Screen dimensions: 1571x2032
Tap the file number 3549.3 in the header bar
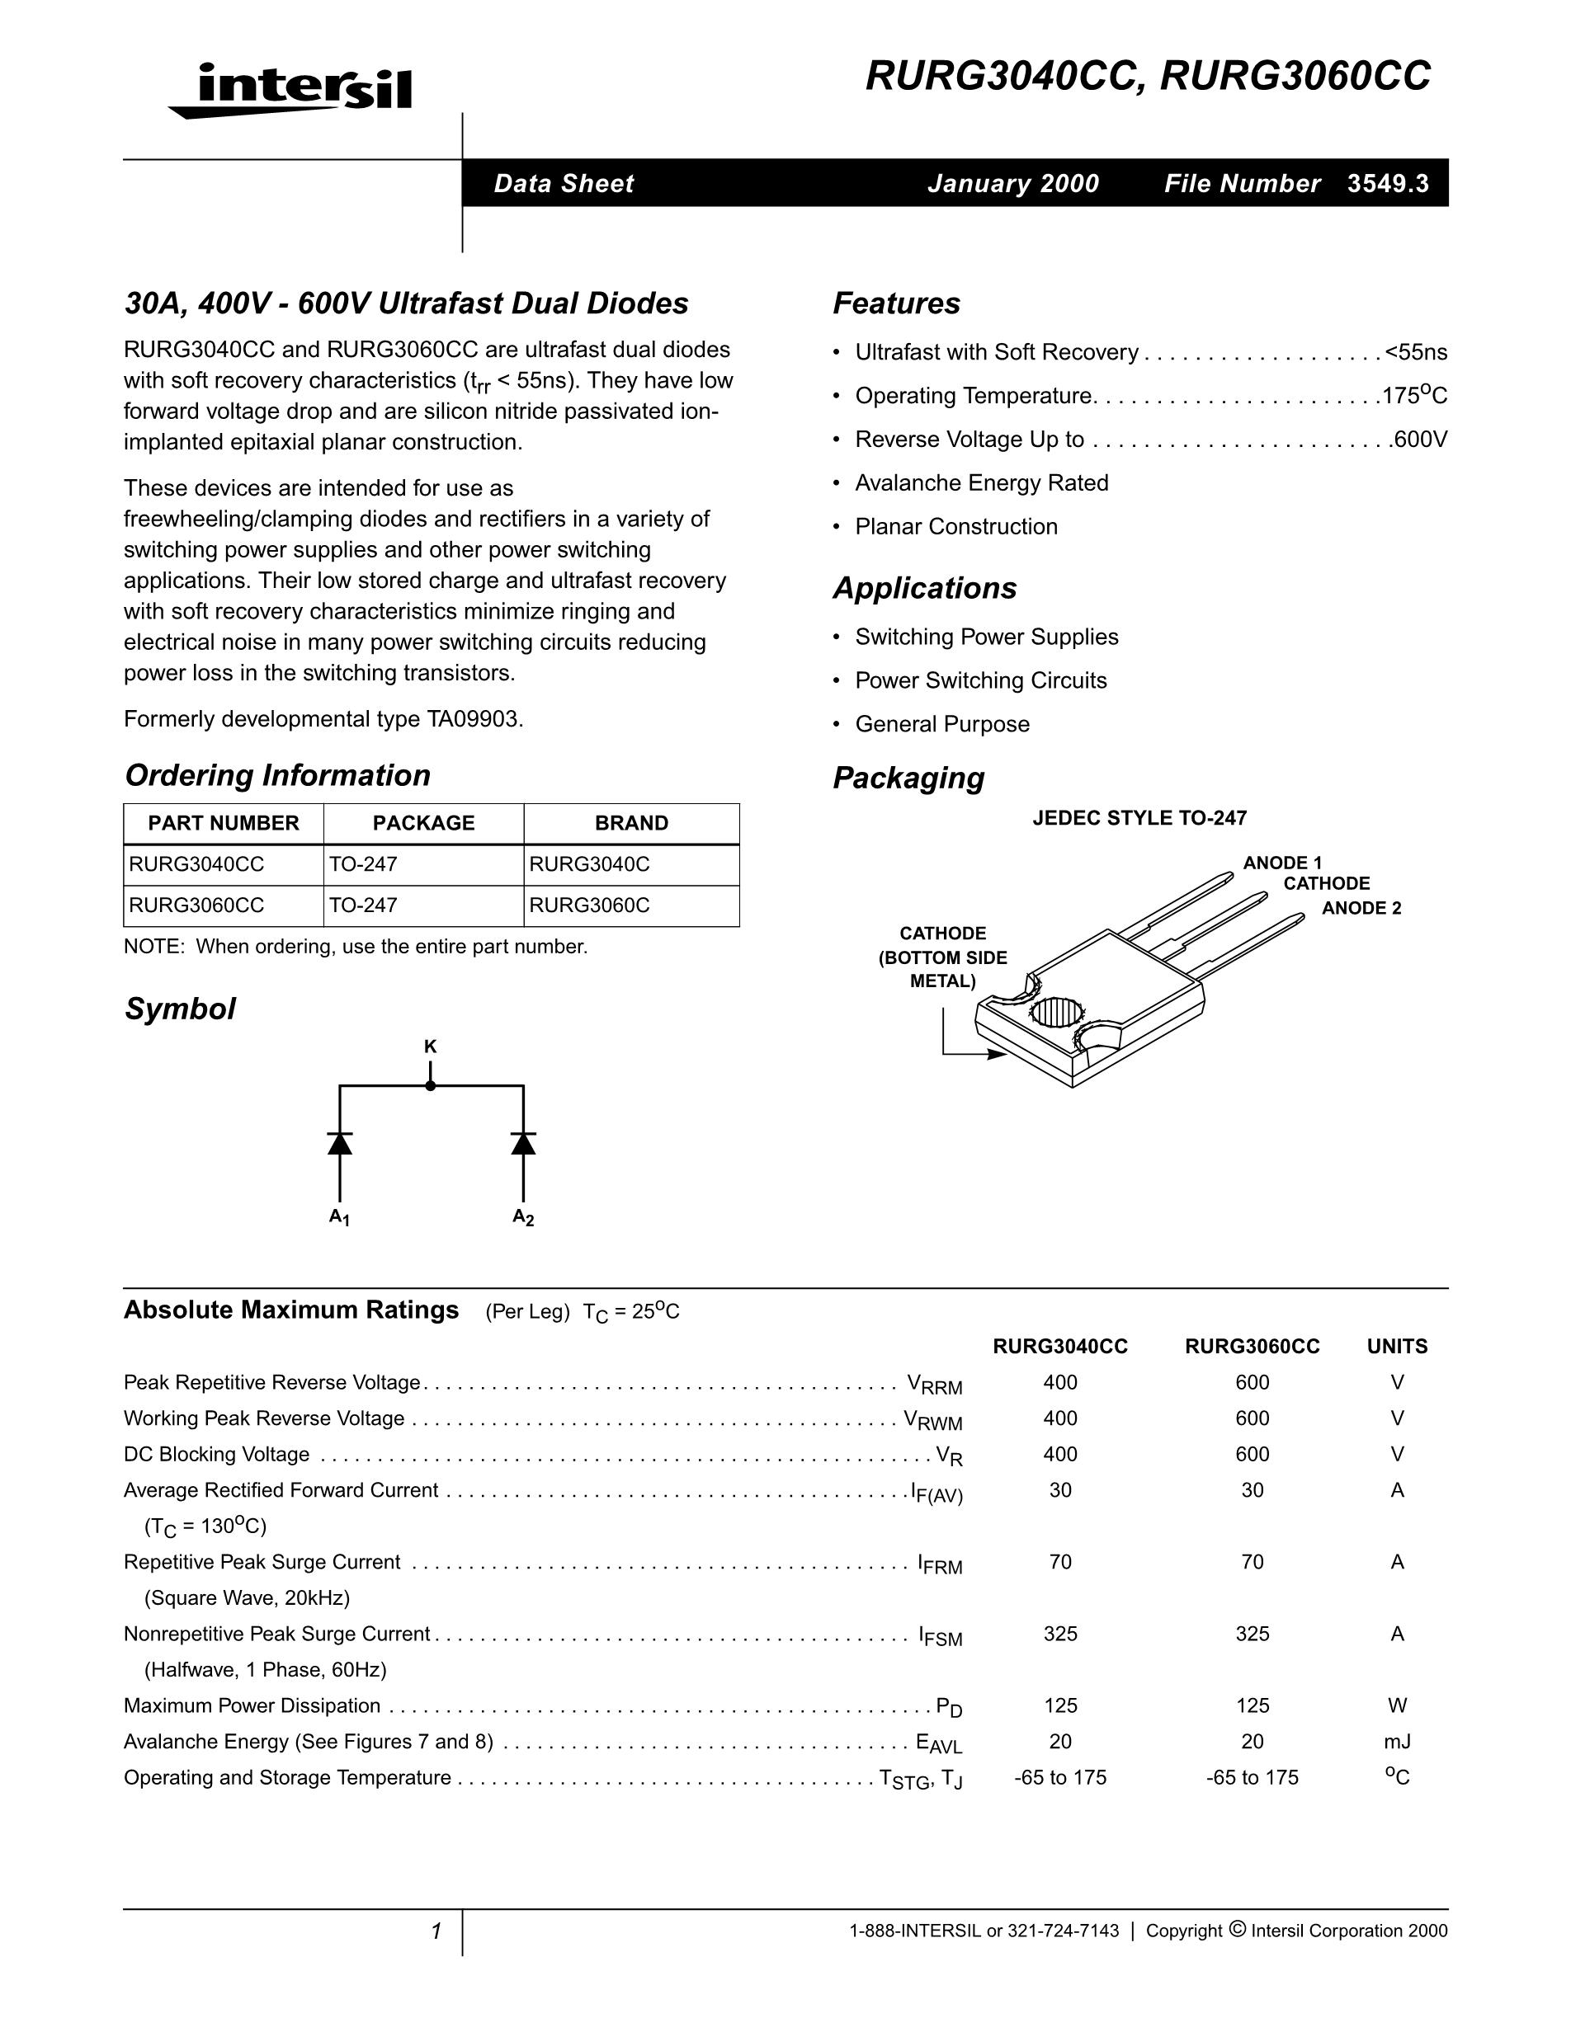1388,183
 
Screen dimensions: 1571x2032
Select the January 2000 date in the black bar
1013,183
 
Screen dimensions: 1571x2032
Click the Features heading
896,303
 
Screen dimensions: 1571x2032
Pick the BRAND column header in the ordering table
631,823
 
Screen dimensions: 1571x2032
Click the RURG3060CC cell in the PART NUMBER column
196,905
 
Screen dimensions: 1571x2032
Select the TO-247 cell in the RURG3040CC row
363,864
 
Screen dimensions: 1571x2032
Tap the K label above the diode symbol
430,1047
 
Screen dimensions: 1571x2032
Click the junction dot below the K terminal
430,1086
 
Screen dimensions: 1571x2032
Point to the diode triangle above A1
340,1144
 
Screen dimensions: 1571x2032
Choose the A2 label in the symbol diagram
523,1217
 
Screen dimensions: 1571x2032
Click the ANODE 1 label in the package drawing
1282,863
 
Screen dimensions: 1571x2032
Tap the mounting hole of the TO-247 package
1057,1011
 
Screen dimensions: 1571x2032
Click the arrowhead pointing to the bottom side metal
997,1054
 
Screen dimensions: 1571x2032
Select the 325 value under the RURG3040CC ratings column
1060,1634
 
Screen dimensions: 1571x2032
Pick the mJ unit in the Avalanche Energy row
1397,1742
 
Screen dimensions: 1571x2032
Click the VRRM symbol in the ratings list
934,1385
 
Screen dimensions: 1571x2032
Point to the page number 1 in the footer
436,1931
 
